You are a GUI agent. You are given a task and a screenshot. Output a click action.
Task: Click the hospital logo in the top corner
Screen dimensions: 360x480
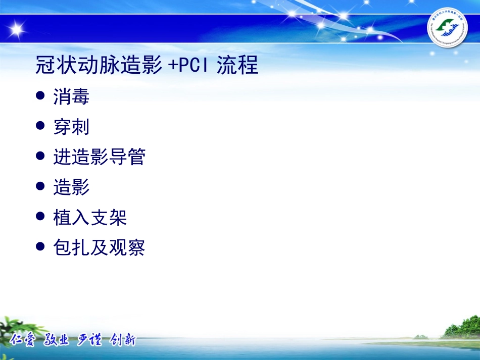click(447, 29)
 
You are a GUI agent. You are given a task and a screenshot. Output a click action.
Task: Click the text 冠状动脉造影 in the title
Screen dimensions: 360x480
click(99, 66)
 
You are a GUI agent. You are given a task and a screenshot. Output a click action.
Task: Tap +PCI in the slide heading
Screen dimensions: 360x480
click(189, 66)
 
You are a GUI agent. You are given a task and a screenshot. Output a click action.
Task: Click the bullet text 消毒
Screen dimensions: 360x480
click(71, 96)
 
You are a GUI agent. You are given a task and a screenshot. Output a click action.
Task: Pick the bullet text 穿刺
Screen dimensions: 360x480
click(71, 127)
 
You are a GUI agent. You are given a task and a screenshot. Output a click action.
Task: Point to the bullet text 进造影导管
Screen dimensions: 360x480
click(99, 157)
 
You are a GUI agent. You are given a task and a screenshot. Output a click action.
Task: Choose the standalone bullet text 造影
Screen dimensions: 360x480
click(71, 187)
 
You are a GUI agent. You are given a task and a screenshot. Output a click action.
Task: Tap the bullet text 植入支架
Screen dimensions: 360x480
click(90, 218)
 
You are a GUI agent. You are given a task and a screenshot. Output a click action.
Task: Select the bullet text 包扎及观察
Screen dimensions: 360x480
click(99, 247)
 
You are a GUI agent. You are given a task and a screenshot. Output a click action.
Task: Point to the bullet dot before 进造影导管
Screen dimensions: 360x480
click(41, 156)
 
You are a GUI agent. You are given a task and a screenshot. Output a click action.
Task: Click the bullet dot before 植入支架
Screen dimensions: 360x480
click(41, 217)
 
